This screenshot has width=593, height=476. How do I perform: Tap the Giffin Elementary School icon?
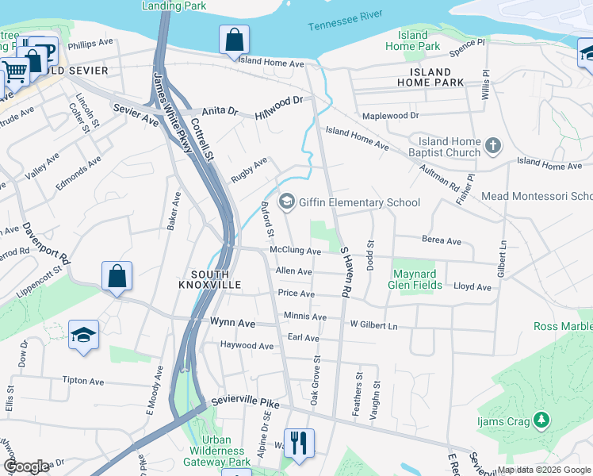click(x=286, y=202)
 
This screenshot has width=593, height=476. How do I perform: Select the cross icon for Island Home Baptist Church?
click(x=493, y=145)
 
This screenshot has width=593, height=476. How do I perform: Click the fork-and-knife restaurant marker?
click(x=299, y=443)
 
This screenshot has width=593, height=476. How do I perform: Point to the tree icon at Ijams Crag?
click(x=541, y=418)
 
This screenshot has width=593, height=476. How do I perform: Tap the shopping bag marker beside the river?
click(x=235, y=39)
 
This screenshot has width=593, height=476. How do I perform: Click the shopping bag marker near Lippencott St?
click(x=117, y=277)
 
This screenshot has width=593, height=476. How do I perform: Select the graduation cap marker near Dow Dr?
click(x=83, y=335)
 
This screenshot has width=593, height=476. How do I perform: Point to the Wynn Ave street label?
click(x=232, y=323)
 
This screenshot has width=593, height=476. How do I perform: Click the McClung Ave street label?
click(x=295, y=251)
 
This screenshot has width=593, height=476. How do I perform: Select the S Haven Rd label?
click(x=346, y=272)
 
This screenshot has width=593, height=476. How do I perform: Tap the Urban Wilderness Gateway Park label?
click(x=216, y=451)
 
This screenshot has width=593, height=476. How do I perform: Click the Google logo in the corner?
click(x=26, y=466)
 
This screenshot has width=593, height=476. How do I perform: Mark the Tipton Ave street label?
click(x=83, y=381)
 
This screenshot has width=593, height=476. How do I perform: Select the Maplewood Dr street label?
click(x=390, y=116)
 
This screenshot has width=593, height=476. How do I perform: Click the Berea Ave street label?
click(x=442, y=240)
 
